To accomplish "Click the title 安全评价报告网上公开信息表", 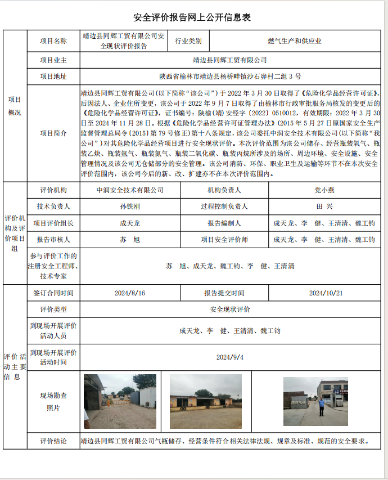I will point(192,17).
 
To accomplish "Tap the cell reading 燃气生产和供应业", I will point(294,41).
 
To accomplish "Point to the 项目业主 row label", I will point(53,60).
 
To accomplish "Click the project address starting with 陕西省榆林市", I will point(230,76).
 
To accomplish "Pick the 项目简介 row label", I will point(53,133).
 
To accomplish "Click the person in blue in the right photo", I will point(322,407).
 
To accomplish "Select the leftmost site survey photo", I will point(120,401).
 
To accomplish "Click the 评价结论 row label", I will point(53,441).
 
